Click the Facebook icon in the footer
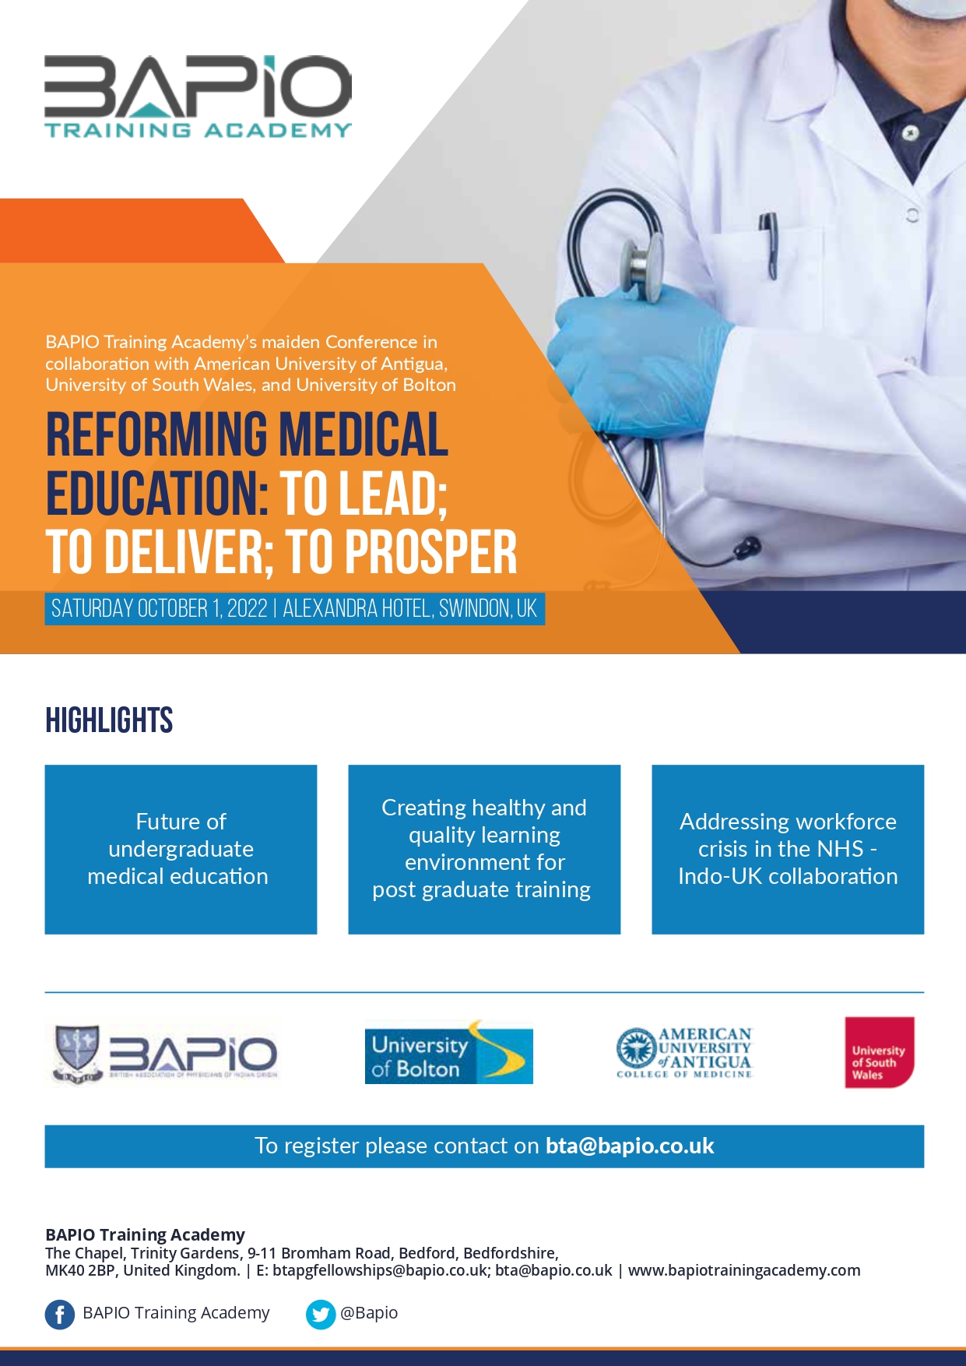[60, 1315]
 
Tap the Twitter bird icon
[321, 1315]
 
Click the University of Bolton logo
[449, 1052]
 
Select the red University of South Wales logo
[880, 1052]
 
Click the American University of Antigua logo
[685, 1052]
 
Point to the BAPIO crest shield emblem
[77, 1054]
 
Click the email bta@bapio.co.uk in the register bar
[630, 1146]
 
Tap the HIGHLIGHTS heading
[109, 720]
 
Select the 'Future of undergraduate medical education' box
[181, 849]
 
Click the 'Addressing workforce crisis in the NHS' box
[788, 849]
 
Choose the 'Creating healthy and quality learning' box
[484, 849]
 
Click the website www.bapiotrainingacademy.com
[744, 1270]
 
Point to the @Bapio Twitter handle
[369, 1313]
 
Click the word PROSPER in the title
[430, 552]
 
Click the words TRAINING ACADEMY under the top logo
[198, 130]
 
